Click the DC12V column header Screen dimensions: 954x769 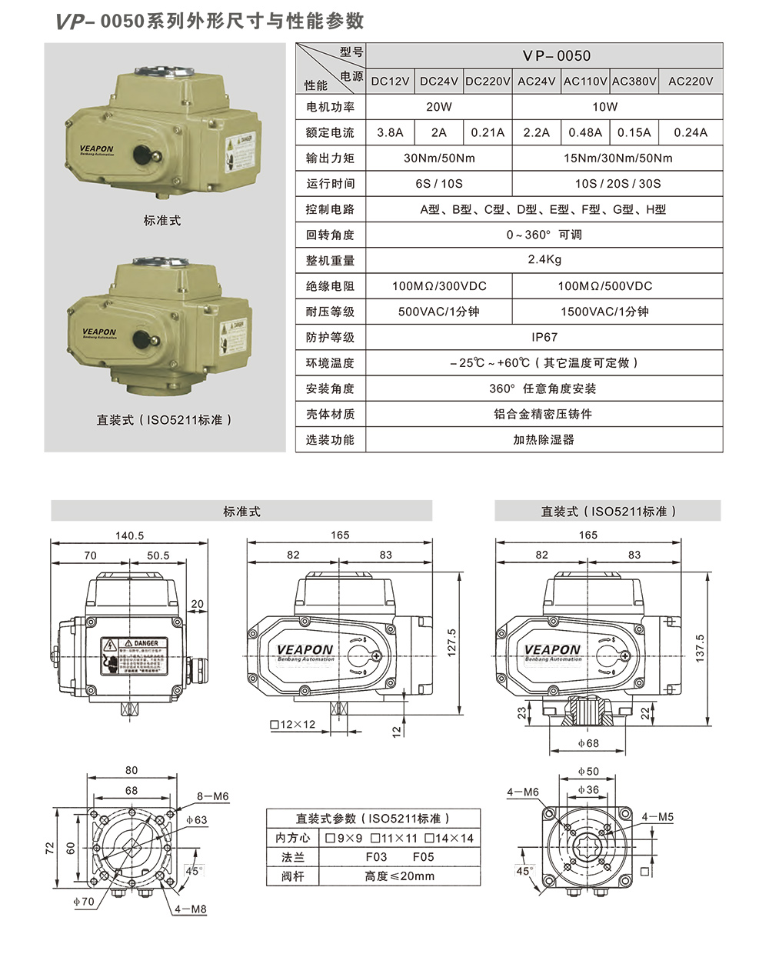(390, 81)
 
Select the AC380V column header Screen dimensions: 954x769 (634, 81)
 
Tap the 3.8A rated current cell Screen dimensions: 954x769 (390, 132)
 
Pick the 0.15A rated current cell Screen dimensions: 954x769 (634, 132)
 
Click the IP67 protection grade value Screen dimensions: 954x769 (544, 337)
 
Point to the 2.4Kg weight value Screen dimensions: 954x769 (544, 259)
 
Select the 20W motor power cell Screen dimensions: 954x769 (439, 107)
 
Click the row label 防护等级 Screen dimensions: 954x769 (330, 337)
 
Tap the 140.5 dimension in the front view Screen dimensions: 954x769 (129, 535)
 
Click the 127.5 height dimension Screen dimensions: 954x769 (452, 642)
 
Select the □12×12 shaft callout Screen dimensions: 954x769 (293, 725)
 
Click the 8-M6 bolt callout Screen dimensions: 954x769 (213, 796)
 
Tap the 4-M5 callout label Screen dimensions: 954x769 (657, 817)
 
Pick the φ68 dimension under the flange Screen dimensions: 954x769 (588, 743)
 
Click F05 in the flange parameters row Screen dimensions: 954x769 (423, 856)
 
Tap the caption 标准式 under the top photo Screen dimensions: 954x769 (161, 220)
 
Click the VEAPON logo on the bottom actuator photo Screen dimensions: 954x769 (98, 332)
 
